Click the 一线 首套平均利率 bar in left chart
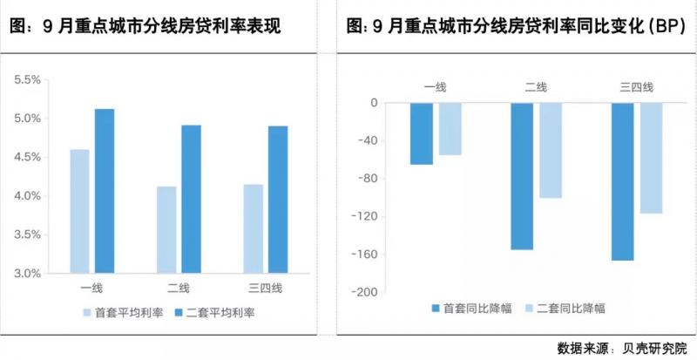(x=79, y=211)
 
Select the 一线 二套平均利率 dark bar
(x=105, y=191)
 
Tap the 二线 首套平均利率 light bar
(x=166, y=229)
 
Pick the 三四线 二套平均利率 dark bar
(x=278, y=199)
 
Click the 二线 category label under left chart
(x=179, y=289)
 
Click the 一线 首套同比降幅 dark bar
(x=422, y=133)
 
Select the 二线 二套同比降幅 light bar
(x=551, y=150)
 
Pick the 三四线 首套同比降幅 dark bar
(x=623, y=181)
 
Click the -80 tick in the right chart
(x=368, y=179)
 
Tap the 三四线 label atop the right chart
(x=636, y=86)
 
